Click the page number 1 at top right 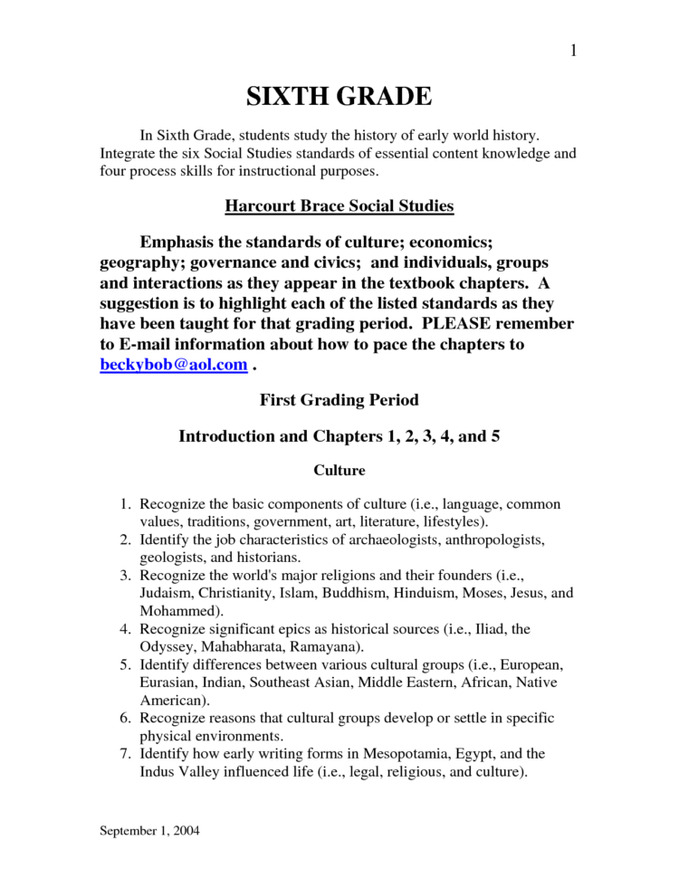coord(573,51)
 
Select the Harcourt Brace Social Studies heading coord(339,206)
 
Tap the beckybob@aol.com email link coord(173,364)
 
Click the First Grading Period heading coord(339,398)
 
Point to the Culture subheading coord(339,470)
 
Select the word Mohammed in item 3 coord(174,611)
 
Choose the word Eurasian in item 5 coord(170,682)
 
